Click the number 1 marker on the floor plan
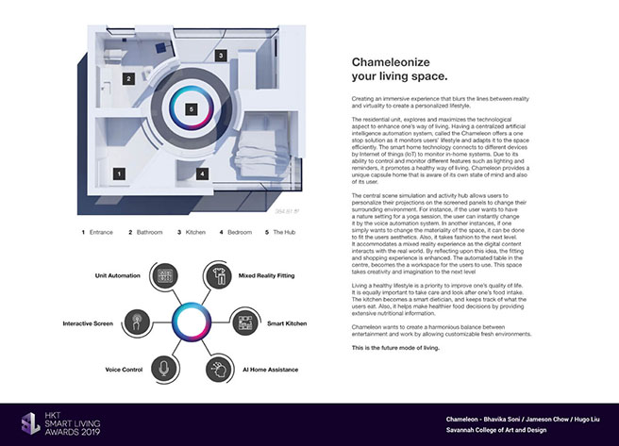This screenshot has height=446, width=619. pos(119,173)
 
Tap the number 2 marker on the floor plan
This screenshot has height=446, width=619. pos(129,79)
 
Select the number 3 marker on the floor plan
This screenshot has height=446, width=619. pos(220,56)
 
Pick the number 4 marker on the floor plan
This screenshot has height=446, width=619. pos(202,174)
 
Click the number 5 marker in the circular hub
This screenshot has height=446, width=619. pos(192,110)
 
